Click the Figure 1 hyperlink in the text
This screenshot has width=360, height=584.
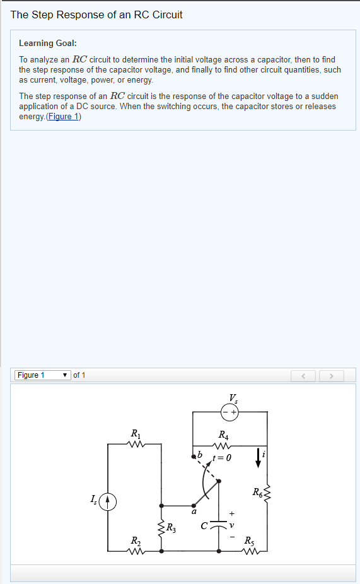(x=63, y=117)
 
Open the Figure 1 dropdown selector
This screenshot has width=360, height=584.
(x=43, y=375)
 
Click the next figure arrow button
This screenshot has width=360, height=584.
(x=332, y=376)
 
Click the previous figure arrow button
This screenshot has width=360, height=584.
(x=303, y=376)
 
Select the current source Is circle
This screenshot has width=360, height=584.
(x=108, y=501)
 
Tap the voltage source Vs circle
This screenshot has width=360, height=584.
(x=229, y=412)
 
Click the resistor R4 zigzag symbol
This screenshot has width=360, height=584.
(x=223, y=446)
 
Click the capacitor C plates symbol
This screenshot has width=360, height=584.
(x=219, y=525)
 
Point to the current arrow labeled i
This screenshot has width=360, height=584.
(x=258, y=458)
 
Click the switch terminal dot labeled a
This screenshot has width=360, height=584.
(x=194, y=506)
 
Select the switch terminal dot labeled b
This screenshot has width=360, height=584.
(x=193, y=456)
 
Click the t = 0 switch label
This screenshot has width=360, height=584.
(x=223, y=457)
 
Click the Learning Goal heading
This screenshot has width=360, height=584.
(x=48, y=44)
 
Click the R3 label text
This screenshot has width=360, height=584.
(x=171, y=528)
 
